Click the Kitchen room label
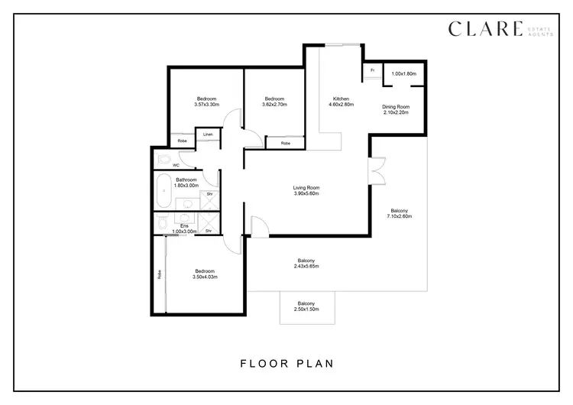[341, 99]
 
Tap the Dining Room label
[396, 107]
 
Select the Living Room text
[306, 188]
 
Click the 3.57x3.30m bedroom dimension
[206, 105]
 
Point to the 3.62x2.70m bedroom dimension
[274, 105]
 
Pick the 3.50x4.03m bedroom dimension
[204, 277]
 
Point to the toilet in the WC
[163, 159]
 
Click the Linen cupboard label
[208, 134]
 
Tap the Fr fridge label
[372, 70]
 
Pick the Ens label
[184, 225]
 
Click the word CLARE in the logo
[484, 29]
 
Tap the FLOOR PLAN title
[286, 364]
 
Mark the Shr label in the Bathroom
[209, 194]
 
